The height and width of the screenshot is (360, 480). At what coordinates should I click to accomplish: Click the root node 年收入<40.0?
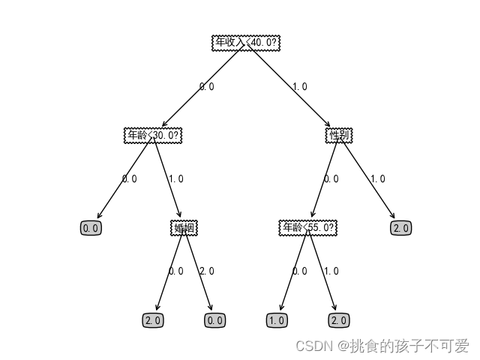[246, 43]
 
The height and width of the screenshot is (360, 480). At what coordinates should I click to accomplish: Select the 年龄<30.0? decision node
[153, 135]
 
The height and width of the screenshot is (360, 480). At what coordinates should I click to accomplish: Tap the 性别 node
[339, 135]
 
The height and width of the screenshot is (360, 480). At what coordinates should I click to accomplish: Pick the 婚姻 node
[184, 228]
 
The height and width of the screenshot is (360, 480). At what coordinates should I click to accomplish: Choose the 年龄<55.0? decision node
[308, 228]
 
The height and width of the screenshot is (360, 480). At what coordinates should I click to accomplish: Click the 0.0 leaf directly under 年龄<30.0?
[91, 228]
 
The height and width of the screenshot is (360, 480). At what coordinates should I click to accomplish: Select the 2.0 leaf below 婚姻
[153, 320]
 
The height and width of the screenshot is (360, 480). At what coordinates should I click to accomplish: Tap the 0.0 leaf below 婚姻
[215, 320]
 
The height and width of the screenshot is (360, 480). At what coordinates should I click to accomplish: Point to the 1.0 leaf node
[277, 320]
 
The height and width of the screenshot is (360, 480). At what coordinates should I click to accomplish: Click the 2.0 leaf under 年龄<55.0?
[339, 320]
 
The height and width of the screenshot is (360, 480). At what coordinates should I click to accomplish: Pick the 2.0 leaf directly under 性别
[401, 228]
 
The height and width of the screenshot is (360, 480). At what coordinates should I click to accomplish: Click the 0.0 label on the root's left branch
[206, 87]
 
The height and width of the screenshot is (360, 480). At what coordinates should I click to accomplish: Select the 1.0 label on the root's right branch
[299, 87]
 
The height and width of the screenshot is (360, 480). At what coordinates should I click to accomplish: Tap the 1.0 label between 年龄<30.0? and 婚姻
[175, 179]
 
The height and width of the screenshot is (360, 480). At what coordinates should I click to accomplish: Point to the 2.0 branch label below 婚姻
[206, 271]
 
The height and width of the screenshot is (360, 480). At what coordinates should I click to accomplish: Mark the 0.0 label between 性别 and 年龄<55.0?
[331, 179]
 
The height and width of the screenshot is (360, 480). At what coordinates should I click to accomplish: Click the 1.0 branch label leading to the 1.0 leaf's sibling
[331, 271]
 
